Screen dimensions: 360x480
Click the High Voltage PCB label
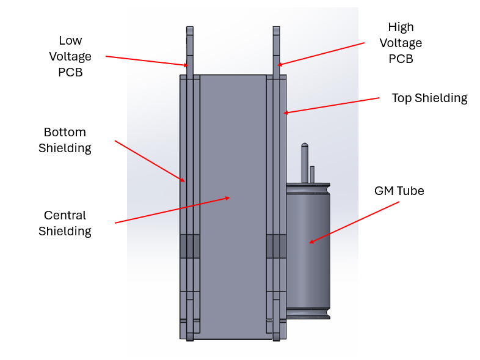tap(401, 43)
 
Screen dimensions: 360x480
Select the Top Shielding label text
tap(429, 98)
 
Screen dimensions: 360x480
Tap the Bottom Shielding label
tap(65, 140)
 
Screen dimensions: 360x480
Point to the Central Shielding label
tap(65, 223)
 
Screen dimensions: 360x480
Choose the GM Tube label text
tap(399, 191)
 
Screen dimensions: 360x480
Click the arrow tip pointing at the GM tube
tap(310, 243)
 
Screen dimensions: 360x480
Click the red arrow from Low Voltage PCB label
tap(147, 61)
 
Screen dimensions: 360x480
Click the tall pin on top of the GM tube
tap(304, 163)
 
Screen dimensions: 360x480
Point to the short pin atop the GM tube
tap(312, 174)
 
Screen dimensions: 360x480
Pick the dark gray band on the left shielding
tap(190, 246)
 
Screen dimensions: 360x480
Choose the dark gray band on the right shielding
tap(276, 246)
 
